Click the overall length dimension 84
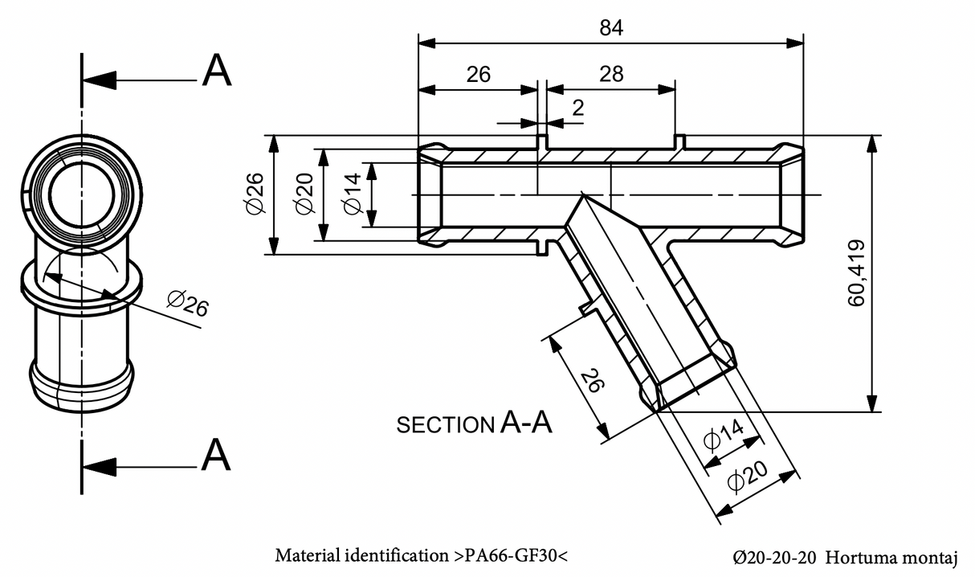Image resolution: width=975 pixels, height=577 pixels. [x=611, y=27]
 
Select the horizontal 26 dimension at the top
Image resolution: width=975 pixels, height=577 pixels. [x=478, y=74]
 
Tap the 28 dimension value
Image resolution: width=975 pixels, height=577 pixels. [x=611, y=74]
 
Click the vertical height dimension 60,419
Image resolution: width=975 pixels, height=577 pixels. [x=857, y=272]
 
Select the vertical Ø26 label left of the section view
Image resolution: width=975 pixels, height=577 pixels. [x=255, y=194]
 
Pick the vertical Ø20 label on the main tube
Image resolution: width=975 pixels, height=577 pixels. [x=304, y=194]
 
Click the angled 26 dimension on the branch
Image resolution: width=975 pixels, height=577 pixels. [x=592, y=380]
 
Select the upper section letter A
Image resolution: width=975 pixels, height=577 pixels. [x=217, y=72]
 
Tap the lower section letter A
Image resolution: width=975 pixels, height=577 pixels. [x=217, y=456]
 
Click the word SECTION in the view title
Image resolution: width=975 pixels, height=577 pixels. [x=444, y=425]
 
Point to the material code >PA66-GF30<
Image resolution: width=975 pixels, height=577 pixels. [x=512, y=555]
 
